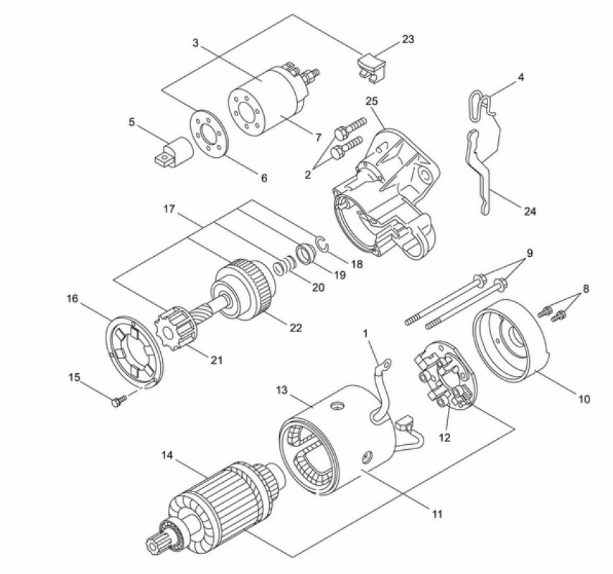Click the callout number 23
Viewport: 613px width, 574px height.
tap(408, 39)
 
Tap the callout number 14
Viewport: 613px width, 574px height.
tap(167, 455)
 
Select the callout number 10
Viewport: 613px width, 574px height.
tap(583, 399)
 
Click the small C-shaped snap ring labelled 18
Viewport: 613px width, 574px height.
tap(322, 246)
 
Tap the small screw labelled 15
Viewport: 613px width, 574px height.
tap(116, 403)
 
